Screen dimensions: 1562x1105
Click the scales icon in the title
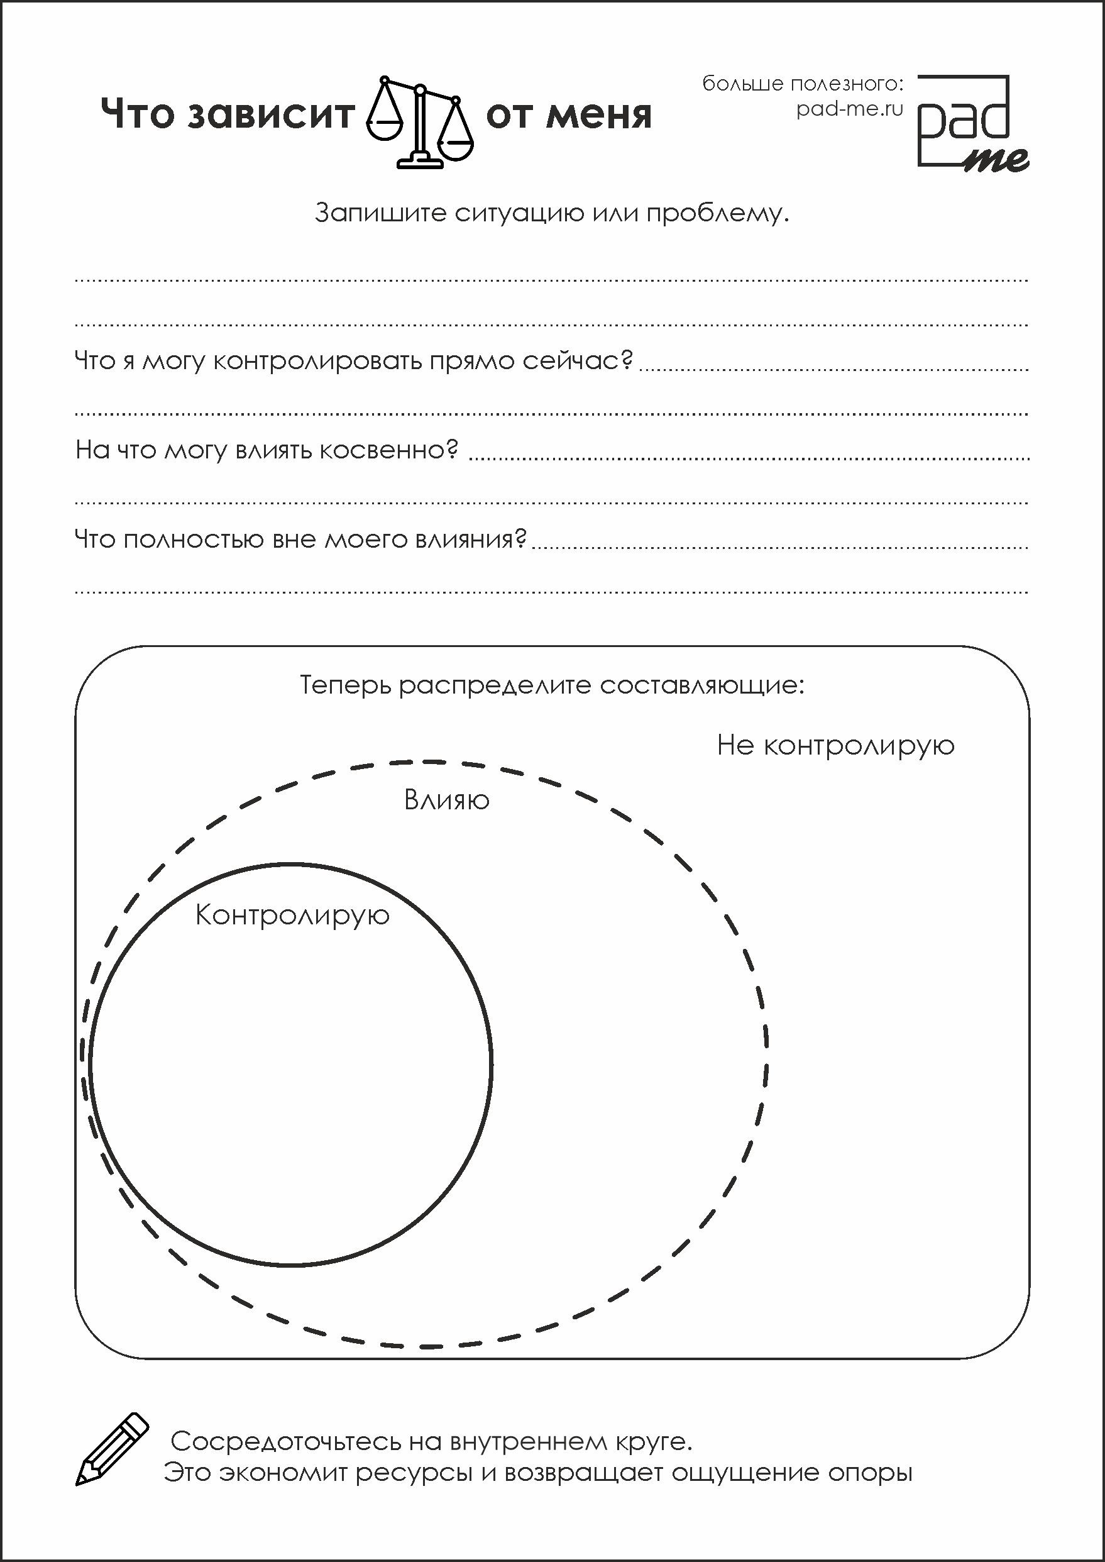419,121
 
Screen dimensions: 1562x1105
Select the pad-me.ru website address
849,109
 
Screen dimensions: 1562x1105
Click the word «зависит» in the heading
272,114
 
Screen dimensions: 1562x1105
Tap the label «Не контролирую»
835,746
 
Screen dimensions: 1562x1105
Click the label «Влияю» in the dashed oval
446,800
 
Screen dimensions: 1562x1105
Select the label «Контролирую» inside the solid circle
292,916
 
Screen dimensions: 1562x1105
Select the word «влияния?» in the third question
471,539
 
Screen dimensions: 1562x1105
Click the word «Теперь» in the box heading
345,685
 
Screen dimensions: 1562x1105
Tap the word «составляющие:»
701,685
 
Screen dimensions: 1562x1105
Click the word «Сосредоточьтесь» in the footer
285,1441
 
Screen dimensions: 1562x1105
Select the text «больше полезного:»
803,84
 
